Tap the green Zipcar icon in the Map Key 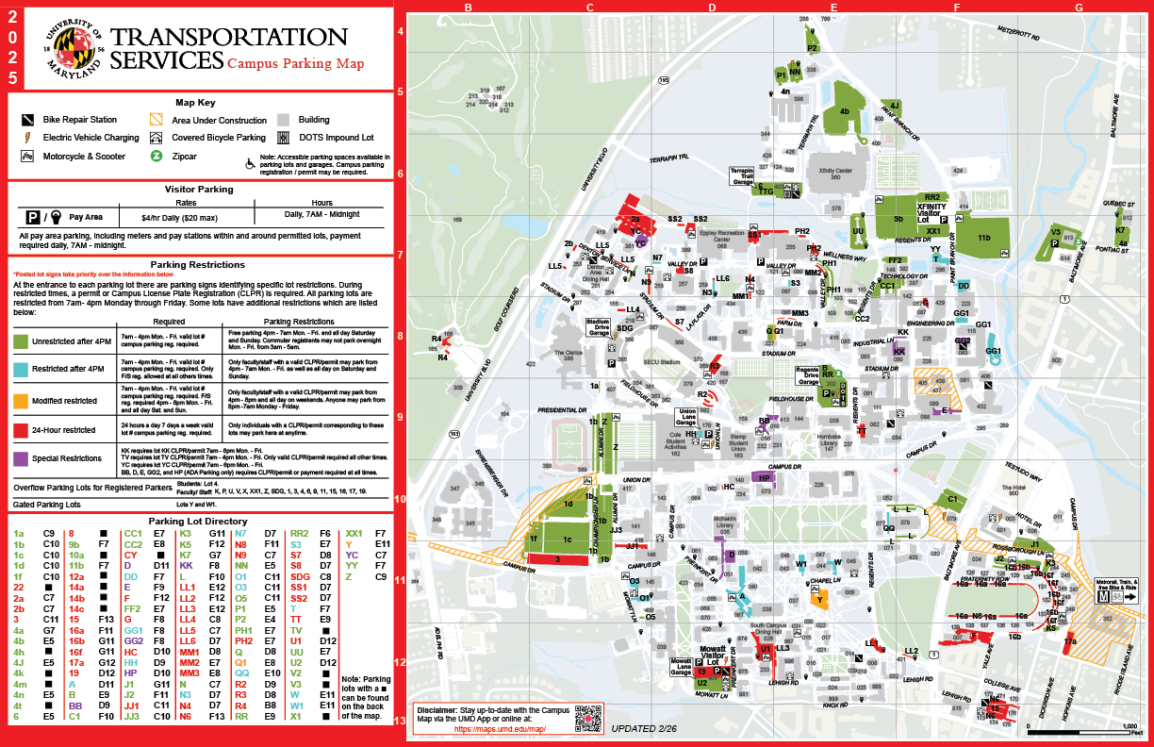coord(157,157)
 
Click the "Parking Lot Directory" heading coord(199,521)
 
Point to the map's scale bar coord(1084,731)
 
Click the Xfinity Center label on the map coord(835,171)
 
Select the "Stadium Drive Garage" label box coord(599,327)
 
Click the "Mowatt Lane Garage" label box coord(681,666)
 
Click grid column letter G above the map coord(1078,8)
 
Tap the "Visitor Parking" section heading coord(199,189)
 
